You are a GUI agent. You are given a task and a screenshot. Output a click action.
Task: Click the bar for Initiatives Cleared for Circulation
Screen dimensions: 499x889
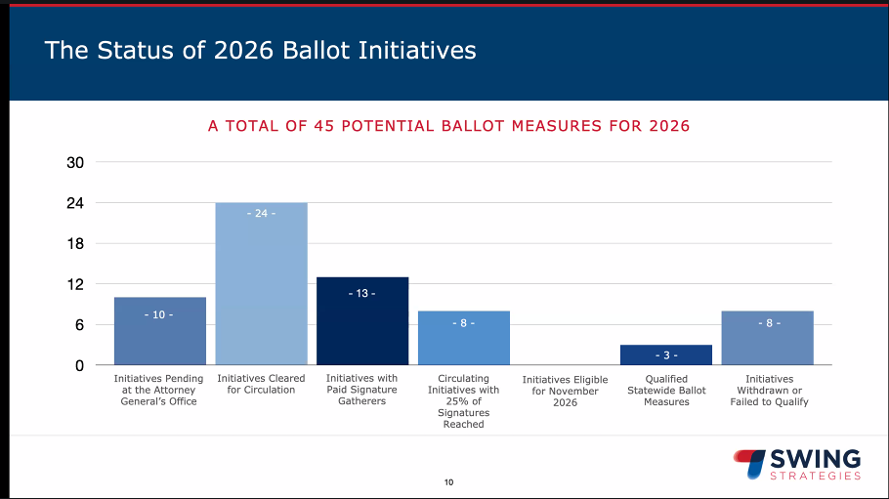click(x=261, y=283)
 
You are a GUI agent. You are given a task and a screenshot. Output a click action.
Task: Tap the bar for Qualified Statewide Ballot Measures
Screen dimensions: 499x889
click(x=666, y=354)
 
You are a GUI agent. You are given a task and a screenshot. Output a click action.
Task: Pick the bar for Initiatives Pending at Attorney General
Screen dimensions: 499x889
click(x=159, y=331)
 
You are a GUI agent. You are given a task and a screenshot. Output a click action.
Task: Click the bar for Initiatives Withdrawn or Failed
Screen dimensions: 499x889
click(x=768, y=338)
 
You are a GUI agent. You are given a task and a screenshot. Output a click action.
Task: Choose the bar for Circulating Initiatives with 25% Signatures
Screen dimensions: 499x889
click(x=464, y=338)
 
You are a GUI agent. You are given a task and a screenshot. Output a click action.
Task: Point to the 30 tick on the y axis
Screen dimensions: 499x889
click(x=74, y=163)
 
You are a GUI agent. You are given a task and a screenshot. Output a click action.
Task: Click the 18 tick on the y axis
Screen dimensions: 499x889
click(x=74, y=244)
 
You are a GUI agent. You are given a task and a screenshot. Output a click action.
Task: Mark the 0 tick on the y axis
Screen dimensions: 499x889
click(x=78, y=365)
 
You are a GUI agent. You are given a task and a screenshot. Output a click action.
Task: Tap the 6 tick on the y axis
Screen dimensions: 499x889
click(x=78, y=325)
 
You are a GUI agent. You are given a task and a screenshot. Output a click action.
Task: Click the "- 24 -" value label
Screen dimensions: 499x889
click(x=261, y=213)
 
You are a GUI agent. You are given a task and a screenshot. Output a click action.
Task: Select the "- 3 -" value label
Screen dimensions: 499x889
click(x=666, y=354)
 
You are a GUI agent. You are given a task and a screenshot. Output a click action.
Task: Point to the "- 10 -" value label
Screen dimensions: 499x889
click(x=159, y=314)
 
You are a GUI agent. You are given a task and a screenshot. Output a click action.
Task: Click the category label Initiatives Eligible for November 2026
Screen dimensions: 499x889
click(x=565, y=391)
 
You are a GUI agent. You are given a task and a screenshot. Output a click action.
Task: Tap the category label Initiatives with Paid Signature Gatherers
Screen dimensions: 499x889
click(x=362, y=390)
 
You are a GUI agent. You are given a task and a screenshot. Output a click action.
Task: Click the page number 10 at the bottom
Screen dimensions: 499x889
click(x=449, y=482)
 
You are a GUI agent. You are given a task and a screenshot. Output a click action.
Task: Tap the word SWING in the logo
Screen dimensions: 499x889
click(x=816, y=459)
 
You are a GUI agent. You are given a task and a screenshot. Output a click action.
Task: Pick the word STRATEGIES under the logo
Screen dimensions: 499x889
click(x=816, y=476)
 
